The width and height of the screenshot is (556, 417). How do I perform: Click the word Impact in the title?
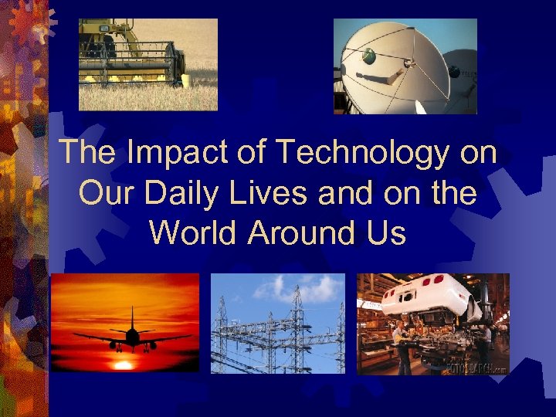pyautogui.click(x=164, y=153)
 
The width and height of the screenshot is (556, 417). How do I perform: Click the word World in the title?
pyautogui.click(x=193, y=232)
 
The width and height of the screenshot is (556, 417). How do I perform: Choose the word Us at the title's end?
pyautogui.click(x=387, y=232)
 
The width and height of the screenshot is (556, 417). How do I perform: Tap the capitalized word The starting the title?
pyautogui.click(x=86, y=153)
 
